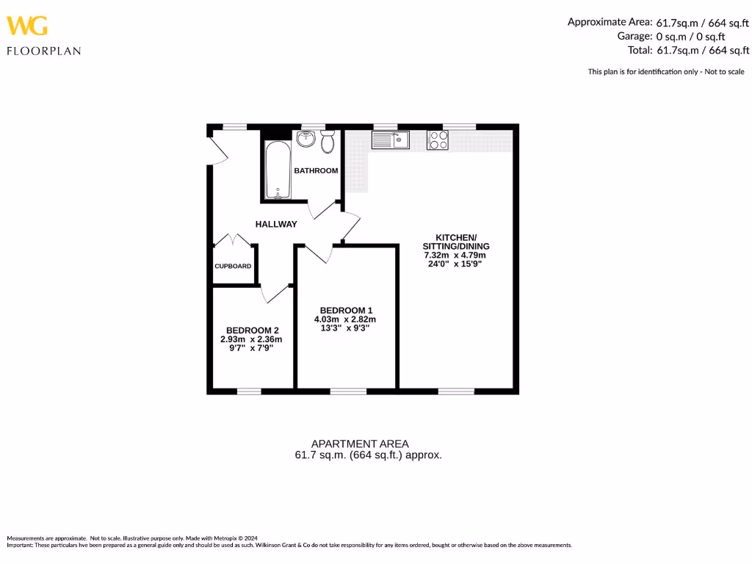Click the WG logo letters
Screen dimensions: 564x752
coord(27,26)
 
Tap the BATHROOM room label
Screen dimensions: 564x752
coord(316,171)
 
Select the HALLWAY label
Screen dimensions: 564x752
coord(276,224)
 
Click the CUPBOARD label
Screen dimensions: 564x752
coord(233,267)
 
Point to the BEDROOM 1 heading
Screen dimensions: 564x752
coord(346,310)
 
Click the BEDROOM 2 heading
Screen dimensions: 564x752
coord(252,330)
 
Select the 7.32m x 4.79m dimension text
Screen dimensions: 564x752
coord(455,256)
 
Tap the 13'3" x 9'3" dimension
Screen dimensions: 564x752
coord(346,329)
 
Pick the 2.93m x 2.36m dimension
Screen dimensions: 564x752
coord(252,339)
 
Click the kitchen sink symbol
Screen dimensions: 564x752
coord(390,140)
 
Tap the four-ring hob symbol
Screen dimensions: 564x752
coord(438,140)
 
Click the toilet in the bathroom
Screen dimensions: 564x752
coord(328,141)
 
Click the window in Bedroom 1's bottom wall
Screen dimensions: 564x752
coord(348,391)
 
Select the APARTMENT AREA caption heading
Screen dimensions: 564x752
coord(360,444)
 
